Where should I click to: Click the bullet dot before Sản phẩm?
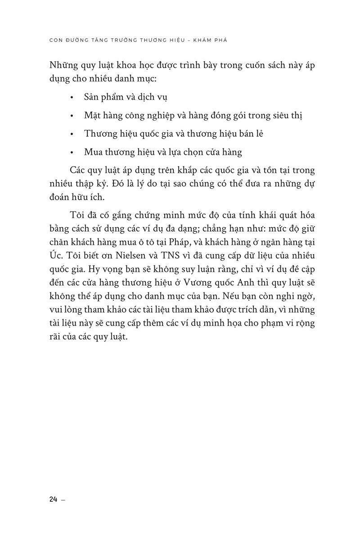click(72, 97)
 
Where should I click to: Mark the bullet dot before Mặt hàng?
click(72, 116)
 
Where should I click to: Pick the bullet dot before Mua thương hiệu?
click(72, 153)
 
